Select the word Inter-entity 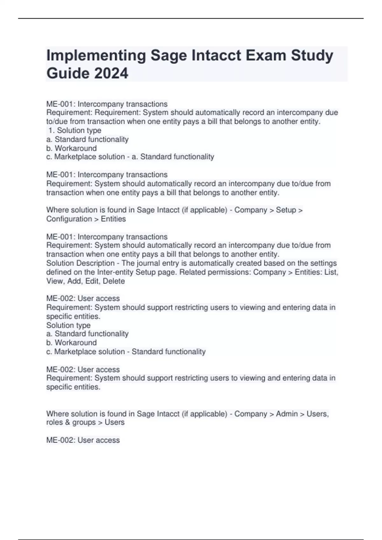pos(116,272)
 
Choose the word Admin pos(287,414)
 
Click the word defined pos(59,272)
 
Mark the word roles pos(54,422)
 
